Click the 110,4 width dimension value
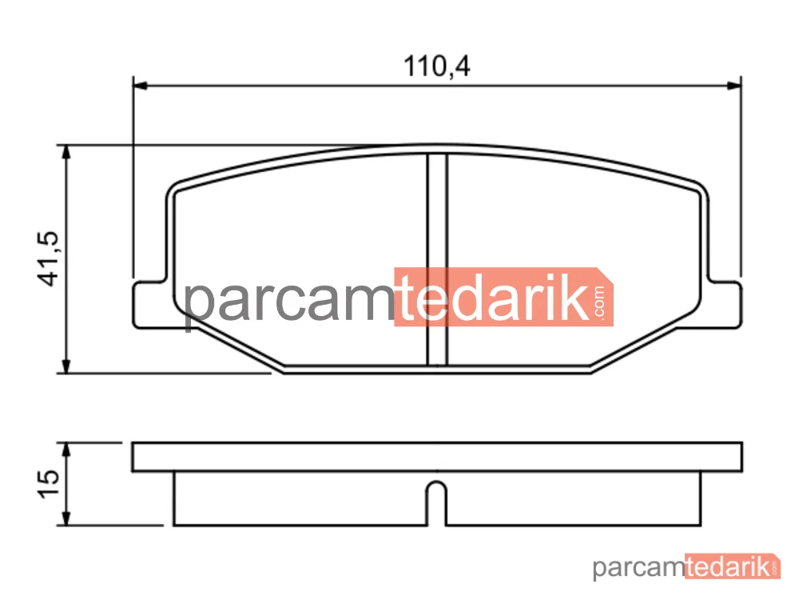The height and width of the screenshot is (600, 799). pos(437,66)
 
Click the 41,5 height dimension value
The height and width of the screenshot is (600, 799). pos(49,258)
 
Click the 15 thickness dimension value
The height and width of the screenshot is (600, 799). pos(49,484)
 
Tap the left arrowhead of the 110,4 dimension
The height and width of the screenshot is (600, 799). pos(140,86)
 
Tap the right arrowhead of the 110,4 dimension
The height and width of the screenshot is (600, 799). pos(733,86)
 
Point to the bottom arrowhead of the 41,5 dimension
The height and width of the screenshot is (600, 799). pos(66,366)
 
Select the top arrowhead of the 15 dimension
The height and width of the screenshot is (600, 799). pos(66,450)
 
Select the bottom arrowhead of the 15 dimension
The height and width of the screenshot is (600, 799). pos(66,518)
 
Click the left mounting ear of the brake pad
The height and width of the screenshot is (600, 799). pos(149,305)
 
